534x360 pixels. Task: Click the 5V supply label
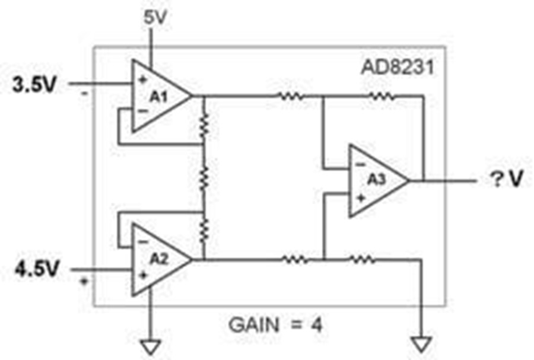coord(155,17)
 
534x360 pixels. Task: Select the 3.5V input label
coord(34,84)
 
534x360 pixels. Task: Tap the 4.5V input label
coord(37,269)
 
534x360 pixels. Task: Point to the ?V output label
coord(506,179)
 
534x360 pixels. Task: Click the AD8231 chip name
coord(398,68)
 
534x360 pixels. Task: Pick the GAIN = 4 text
coord(275,325)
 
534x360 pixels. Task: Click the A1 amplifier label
coord(158,97)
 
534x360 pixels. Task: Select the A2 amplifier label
coord(159,259)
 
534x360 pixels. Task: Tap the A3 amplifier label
coord(376,180)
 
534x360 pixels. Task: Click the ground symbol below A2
coord(150,347)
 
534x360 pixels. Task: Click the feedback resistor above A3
coord(382,97)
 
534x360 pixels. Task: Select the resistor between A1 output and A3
coord(291,97)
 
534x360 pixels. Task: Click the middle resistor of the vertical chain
coord(204,178)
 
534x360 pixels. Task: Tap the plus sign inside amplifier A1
coord(142,80)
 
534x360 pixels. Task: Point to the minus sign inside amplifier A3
coord(360,165)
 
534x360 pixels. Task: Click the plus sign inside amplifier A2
coord(143,275)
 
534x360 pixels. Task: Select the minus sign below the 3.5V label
coord(84,93)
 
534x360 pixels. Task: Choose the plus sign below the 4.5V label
coord(84,281)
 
